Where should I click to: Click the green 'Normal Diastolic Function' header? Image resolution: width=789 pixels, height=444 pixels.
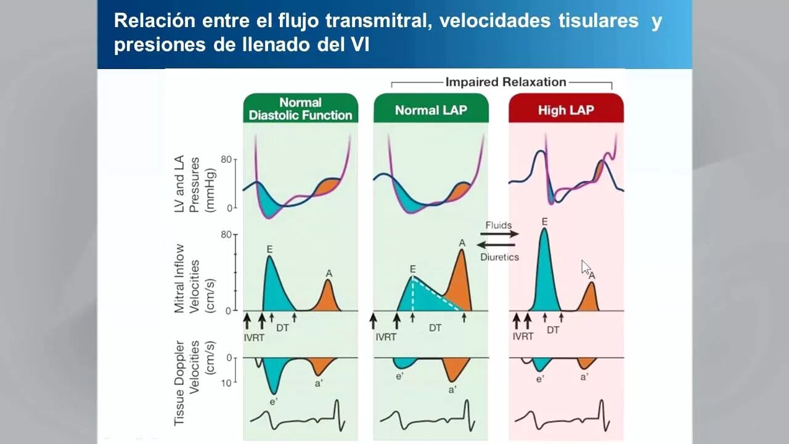[300, 109]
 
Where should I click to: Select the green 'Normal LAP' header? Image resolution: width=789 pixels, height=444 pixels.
[431, 110]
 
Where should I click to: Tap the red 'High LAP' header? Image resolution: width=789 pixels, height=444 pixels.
[566, 110]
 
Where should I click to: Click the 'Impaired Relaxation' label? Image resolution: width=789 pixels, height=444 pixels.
[505, 82]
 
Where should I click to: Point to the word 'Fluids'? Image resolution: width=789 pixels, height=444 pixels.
[499, 225]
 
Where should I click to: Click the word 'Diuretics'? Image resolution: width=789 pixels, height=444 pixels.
[499, 257]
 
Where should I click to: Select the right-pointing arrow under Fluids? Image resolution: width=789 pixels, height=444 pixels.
[499, 234]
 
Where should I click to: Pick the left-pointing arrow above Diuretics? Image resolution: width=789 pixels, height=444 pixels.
[499, 245]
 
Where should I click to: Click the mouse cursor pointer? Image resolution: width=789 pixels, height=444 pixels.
[585, 266]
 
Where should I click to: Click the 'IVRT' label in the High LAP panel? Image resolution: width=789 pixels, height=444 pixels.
[523, 337]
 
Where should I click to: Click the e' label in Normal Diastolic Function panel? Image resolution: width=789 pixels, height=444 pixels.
[273, 401]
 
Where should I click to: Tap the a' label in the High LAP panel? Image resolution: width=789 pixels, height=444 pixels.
[584, 377]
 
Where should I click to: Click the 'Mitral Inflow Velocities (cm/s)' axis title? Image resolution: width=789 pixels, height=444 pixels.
[187, 279]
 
